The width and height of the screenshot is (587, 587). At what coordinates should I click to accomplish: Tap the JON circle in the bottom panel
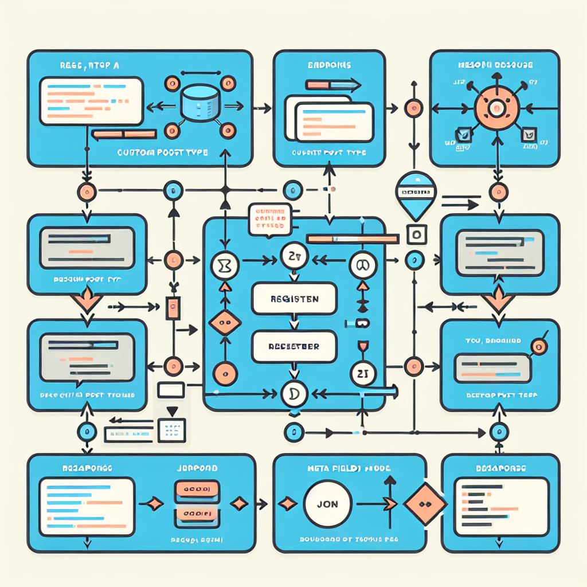(327, 504)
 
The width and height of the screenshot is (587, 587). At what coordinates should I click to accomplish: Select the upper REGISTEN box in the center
(293, 299)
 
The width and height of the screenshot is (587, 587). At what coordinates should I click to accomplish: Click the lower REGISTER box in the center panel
(293, 347)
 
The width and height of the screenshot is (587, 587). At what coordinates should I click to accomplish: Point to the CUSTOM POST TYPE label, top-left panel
(162, 153)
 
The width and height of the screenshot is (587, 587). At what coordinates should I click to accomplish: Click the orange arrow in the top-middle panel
(333, 86)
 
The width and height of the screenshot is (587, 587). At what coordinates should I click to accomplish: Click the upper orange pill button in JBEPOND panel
(196, 489)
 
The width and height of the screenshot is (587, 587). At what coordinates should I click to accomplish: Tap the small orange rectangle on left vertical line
(171, 308)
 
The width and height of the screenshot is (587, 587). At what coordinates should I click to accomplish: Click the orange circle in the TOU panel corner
(537, 345)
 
